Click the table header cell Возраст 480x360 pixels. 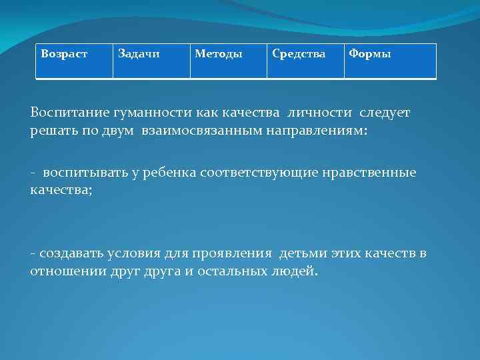click(x=64, y=53)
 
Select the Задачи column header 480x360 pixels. click(x=139, y=53)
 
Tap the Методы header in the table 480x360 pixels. click(x=219, y=53)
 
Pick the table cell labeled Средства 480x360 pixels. click(x=299, y=53)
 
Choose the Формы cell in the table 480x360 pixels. click(x=369, y=53)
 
